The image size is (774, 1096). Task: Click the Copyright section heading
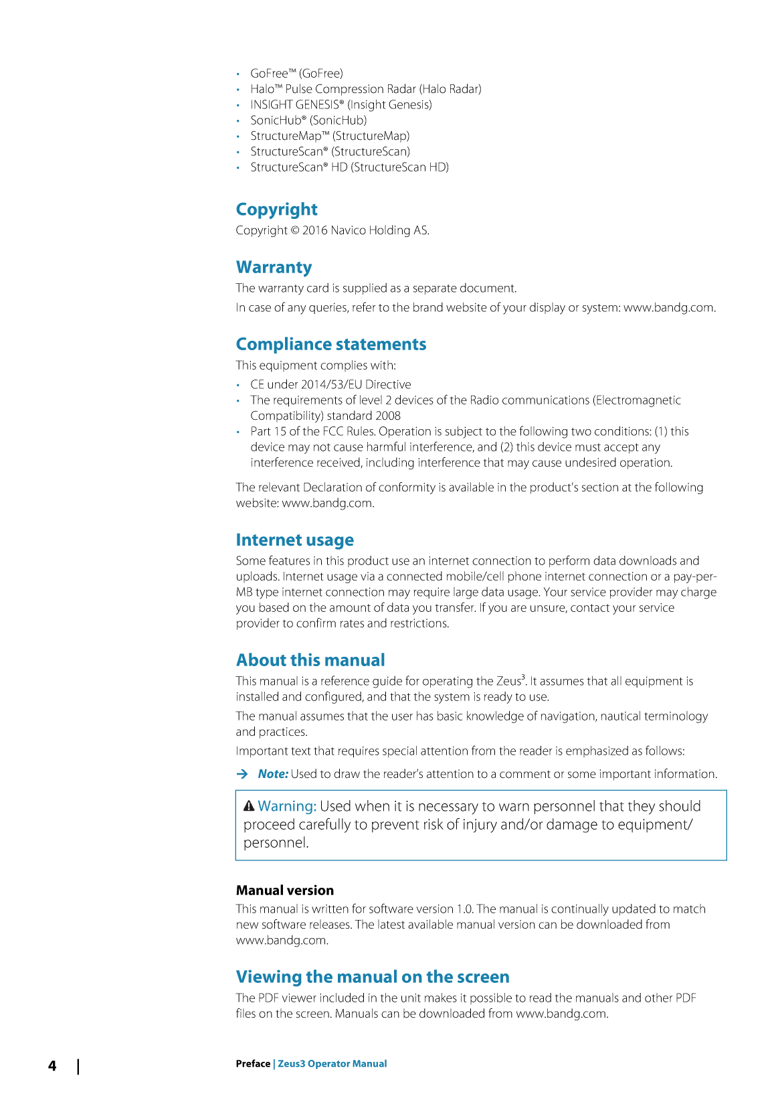click(x=276, y=210)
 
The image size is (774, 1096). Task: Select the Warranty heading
click(x=274, y=267)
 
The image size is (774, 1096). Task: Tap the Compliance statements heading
click(x=330, y=344)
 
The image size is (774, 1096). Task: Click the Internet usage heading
click(x=294, y=540)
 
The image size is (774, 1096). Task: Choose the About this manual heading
click(x=310, y=660)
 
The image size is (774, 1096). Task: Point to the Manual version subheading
click(x=284, y=890)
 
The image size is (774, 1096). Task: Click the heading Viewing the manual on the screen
click(x=372, y=977)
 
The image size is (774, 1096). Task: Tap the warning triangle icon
click(x=249, y=805)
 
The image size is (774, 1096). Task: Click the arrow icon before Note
click(x=242, y=774)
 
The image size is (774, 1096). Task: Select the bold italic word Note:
click(x=273, y=774)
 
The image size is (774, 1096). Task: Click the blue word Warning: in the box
click(x=287, y=806)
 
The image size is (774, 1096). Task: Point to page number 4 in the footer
click(x=52, y=1066)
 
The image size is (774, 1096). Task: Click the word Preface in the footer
click(x=253, y=1064)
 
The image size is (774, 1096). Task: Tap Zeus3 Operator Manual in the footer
click(x=332, y=1064)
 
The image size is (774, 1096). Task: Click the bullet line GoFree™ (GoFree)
click(x=296, y=74)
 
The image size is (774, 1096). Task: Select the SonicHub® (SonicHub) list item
click(x=308, y=121)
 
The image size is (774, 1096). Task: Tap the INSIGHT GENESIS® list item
click(x=341, y=104)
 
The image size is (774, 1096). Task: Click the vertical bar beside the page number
click(x=78, y=1066)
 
